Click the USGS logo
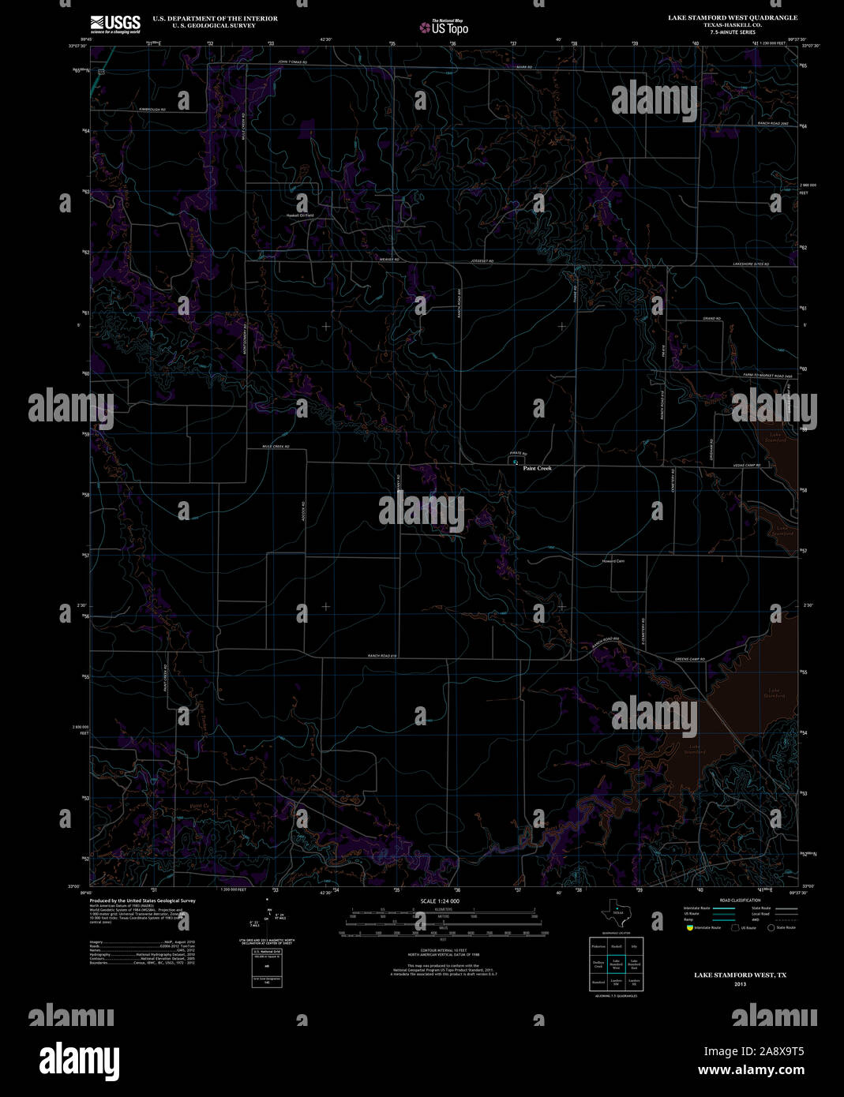point(115,23)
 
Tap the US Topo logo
point(444,27)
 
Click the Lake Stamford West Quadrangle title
point(733,17)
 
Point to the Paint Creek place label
point(537,468)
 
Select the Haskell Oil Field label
point(300,215)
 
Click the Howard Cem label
point(613,561)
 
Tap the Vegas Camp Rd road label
point(746,465)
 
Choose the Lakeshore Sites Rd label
point(750,264)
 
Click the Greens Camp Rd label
point(689,659)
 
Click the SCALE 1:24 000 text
point(440,900)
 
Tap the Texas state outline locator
point(617,913)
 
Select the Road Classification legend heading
point(740,900)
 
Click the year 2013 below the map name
point(740,983)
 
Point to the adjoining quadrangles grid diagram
point(617,963)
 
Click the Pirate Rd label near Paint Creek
point(518,454)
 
